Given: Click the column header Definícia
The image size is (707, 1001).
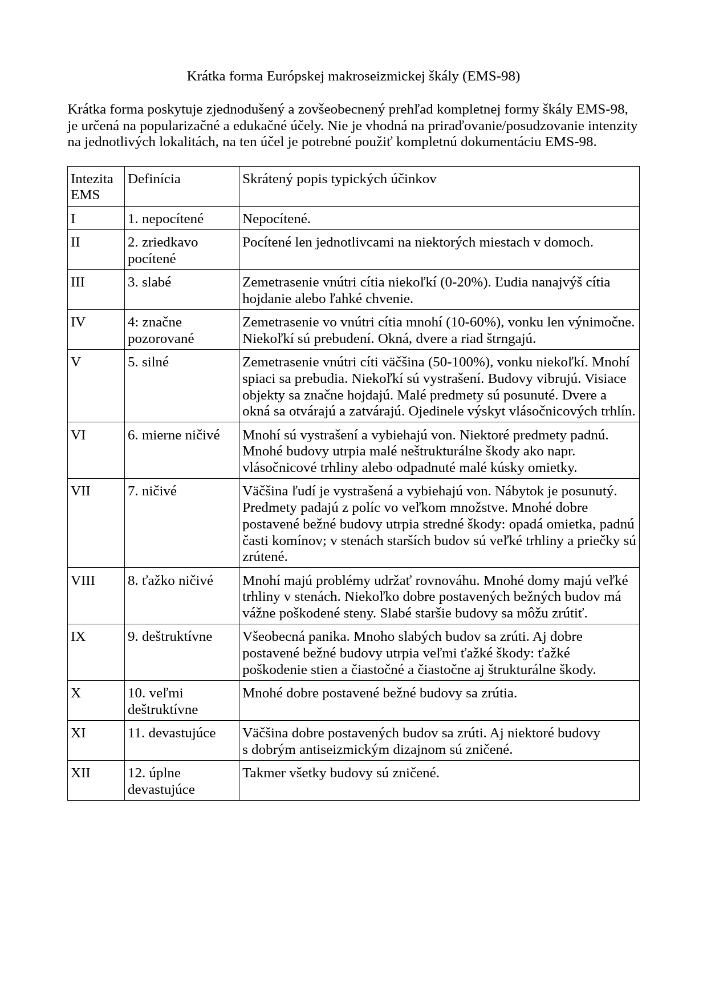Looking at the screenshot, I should pyautogui.click(x=154, y=179).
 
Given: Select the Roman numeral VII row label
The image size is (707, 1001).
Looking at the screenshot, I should pyautogui.click(x=80, y=491).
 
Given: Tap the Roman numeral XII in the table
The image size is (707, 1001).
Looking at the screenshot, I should pyautogui.click(x=80, y=773).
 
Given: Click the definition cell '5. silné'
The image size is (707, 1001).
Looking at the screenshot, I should pyautogui.click(x=148, y=362).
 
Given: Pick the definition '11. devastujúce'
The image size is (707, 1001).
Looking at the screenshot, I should pyautogui.click(x=172, y=733).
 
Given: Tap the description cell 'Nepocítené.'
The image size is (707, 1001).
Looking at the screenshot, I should pyautogui.click(x=277, y=219).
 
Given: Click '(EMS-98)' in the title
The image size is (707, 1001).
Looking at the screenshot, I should pyautogui.click(x=491, y=76).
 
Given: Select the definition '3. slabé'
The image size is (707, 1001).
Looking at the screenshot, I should pyautogui.click(x=149, y=282).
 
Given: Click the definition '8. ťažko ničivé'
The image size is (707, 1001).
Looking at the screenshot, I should pyautogui.click(x=170, y=580).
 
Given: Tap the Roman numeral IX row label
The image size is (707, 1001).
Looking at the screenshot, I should pyautogui.click(x=78, y=636).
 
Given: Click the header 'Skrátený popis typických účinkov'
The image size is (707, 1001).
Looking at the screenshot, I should pyautogui.click(x=339, y=179).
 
